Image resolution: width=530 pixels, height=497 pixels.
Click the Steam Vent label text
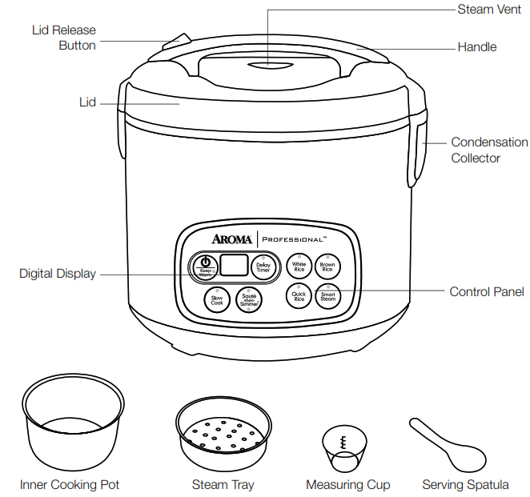click(x=488, y=10)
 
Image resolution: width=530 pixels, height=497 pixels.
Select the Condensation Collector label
click(x=489, y=150)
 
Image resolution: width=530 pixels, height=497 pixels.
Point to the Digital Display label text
click(x=58, y=274)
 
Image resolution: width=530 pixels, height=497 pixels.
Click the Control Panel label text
click(x=487, y=292)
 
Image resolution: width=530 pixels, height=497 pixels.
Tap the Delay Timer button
click(x=263, y=267)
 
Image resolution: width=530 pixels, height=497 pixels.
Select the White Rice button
click(x=299, y=267)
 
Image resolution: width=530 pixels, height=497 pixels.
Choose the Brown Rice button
click(x=327, y=267)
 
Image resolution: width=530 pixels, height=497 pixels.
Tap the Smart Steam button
click(x=327, y=296)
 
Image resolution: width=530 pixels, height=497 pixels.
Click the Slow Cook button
click(x=217, y=301)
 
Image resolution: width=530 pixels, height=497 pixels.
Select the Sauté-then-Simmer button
click(x=249, y=302)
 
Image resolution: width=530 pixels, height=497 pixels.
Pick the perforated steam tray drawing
click(x=222, y=435)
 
